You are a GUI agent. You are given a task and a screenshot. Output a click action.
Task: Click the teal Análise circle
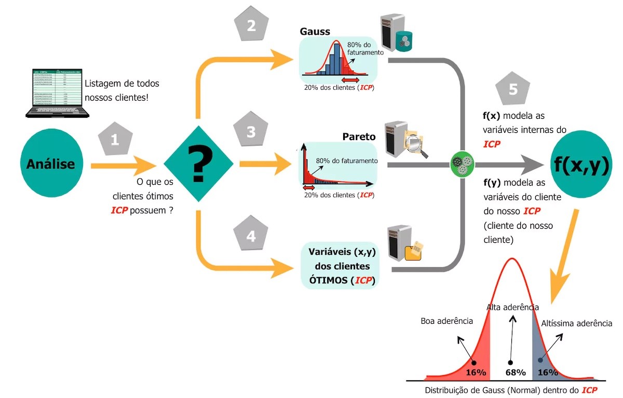51,164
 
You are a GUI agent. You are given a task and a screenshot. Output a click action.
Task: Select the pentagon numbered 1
115,139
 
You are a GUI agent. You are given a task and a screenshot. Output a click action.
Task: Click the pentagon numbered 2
251,26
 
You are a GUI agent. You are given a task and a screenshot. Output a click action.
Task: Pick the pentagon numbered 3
251,132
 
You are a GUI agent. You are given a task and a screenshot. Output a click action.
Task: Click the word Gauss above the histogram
315,31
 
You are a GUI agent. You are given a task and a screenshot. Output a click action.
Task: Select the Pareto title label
359,137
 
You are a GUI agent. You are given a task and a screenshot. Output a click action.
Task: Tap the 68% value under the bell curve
515,372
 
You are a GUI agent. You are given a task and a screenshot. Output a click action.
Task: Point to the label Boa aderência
446,321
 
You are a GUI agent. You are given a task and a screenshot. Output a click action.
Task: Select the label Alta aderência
512,307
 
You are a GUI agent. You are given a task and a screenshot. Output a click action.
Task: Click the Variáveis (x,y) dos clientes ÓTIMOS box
342,266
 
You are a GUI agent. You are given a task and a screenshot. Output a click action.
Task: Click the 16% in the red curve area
475,372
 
